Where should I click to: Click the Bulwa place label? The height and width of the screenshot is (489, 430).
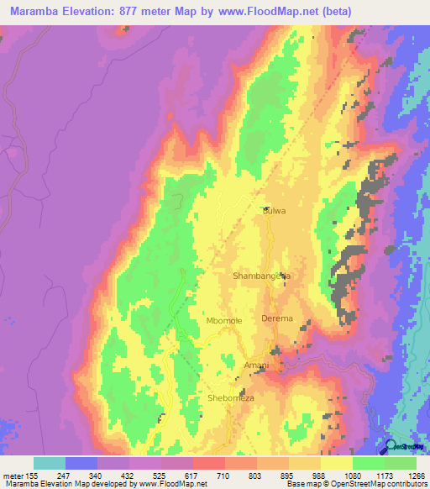(275, 212)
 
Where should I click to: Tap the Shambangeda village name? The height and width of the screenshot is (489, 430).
(261, 276)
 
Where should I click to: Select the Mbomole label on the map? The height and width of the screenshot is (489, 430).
(224, 321)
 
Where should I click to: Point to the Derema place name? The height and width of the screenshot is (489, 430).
(277, 318)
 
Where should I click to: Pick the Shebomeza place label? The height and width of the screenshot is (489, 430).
(230, 398)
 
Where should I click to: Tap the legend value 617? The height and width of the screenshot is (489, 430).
(177, 476)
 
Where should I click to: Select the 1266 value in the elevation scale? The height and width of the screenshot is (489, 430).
(415, 476)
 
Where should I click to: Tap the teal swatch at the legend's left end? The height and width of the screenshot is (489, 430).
(50, 463)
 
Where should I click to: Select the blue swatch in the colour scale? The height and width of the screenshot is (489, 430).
(81, 463)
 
